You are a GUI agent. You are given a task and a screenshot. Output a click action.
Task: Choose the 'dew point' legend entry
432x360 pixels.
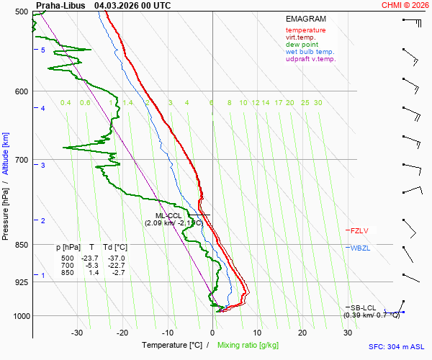(x=302, y=45)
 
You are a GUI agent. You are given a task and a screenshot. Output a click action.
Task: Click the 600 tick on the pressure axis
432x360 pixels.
(x=22, y=91)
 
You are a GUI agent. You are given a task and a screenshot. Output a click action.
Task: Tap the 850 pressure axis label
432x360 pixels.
(x=22, y=245)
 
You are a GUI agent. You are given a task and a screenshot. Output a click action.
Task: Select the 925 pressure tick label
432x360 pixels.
(x=22, y=282)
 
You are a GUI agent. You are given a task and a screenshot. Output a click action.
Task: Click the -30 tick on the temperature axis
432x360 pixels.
(x=77, y=333)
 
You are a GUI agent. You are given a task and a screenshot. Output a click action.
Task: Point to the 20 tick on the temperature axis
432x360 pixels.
(x=302, y=333)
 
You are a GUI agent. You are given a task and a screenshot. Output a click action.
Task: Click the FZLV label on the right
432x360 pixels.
(x=359, y=230)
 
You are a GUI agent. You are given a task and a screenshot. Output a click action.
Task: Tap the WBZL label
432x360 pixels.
(x=360, y=248)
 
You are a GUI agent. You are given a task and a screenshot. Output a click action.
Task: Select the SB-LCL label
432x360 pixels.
(x=364, y=307)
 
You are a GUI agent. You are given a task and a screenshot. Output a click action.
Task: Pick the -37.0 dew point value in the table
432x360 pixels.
(x=116, y=258)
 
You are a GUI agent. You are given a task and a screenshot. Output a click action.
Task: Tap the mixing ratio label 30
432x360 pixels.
(x=318, y=103)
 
